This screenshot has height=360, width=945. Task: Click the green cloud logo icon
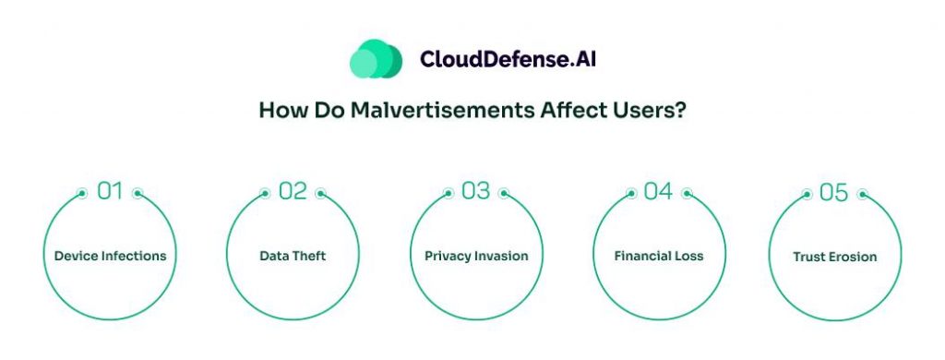click(377, 58)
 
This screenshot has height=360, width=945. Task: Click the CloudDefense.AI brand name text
click(508, 59)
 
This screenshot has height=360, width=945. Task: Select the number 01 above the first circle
click(110, 191)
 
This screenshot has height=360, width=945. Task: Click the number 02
click(293, 191)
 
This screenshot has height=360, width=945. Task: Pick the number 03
click(476, 191)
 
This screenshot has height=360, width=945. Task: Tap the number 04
click(658, 191)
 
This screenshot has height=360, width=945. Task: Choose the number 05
click(834, 192)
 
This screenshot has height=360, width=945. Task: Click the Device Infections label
click(111, 256)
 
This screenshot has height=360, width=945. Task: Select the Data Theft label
click(293, 256)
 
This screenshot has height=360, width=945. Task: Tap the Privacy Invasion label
click(476, 256)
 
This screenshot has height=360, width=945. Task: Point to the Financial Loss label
click(659, 256)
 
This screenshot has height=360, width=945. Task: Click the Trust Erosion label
click(834, 257)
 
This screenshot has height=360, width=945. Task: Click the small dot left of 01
click(82, 194)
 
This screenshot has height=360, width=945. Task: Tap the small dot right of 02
click(320, 194)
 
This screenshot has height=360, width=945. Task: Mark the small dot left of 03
click(449, 194)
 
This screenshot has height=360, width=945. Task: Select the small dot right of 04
click(687, 194)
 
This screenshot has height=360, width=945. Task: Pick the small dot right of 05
click(863, 194)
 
